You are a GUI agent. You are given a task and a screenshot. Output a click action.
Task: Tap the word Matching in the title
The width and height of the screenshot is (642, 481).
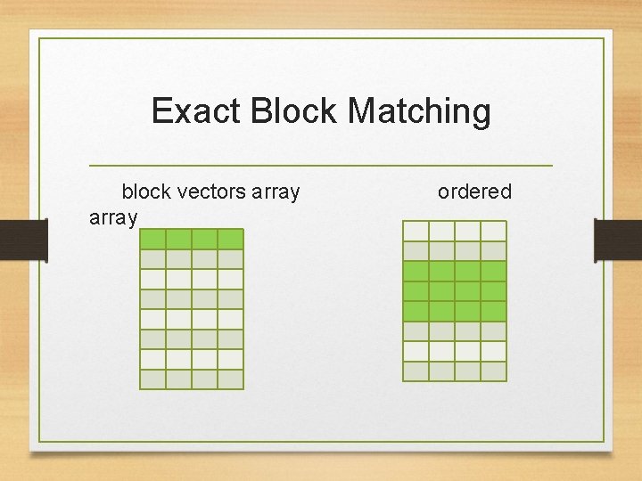pos(419,111)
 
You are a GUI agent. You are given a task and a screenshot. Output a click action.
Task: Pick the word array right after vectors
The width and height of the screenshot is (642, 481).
pos(276,192)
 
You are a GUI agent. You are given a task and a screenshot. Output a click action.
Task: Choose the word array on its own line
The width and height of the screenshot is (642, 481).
pos(113,218)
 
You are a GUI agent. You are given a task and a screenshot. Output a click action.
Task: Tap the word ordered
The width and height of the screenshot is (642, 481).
pos(474,192)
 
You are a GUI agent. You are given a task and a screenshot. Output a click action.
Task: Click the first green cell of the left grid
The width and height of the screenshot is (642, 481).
pos(152,239)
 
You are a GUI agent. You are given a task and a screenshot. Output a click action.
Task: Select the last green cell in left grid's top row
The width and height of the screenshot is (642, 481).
pos(230,239)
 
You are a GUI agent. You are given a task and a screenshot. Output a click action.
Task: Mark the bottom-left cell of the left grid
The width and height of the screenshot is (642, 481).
pos(152,379)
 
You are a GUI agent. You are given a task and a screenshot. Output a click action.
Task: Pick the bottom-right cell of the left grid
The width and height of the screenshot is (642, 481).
pos(230,379)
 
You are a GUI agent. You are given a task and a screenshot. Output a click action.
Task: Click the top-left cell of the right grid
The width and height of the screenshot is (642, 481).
pos(416,231)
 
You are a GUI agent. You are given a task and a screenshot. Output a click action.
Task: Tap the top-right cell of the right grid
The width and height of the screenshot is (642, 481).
pos(493,231)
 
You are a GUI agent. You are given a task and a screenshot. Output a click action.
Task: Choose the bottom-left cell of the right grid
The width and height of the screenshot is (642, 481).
pos(416,371)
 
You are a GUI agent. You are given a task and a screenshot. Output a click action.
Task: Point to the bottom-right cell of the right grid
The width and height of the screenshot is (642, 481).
pos(493,371)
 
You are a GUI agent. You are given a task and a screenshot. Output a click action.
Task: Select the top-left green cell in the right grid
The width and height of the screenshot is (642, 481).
pos(416,271)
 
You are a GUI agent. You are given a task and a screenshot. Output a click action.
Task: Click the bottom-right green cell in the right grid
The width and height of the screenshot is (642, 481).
pos(493,311)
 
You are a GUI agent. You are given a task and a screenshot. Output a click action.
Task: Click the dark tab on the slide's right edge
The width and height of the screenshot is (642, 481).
pos(618,240)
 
